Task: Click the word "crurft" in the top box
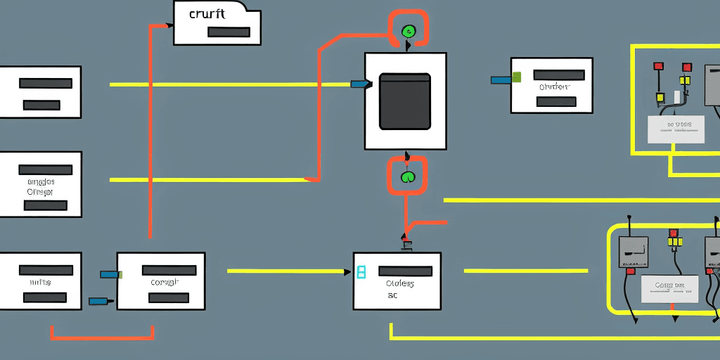coord(207,13)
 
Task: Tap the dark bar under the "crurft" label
coord(229,32)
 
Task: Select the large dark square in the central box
coord(405,101)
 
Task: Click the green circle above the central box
coord(409,31)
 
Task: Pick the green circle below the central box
coord(408,176)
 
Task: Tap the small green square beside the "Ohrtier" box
coord(517,77)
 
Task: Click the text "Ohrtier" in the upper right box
coord(553,87)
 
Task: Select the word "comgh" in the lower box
coord(165,282)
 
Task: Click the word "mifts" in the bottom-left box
coord(40,282)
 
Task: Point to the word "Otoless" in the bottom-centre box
coord(399,283)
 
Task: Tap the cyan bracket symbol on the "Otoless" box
coord(361,272)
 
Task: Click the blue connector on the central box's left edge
coord(359,84)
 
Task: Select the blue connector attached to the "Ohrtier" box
coord(501,79)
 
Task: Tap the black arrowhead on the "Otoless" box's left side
coord(348,271)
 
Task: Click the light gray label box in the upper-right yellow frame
coord(676,129)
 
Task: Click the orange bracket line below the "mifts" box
coord(102,338)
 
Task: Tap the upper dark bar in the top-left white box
coord(46,83)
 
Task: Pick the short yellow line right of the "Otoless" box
coord(525,271)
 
